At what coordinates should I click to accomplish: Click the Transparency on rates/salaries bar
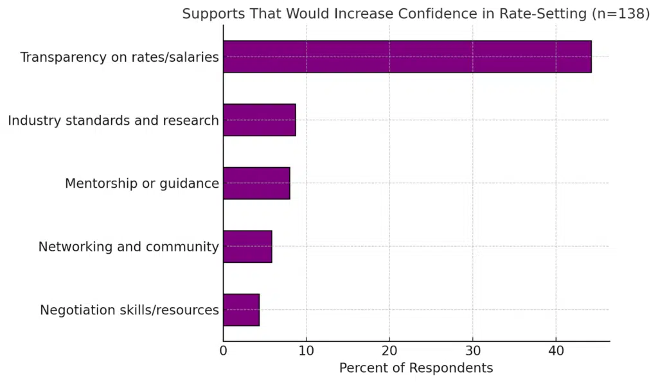[407, 57]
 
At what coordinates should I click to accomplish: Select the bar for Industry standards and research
[260, 120]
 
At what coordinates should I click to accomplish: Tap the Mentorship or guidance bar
[256, 183]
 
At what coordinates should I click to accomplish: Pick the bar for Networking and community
[247, 246]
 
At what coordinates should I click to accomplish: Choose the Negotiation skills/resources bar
[241, 310]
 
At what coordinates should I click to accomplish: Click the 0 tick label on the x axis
[224, 352]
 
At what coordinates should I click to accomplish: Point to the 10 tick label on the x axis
[307, 352]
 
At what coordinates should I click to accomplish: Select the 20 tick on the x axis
[389, 352]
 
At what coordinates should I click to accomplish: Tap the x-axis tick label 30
[473, 352]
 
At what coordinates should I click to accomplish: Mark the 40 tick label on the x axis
[556, 352]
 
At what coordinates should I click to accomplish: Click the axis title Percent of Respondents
[416, 368]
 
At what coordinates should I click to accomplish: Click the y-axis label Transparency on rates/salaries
[120, 57]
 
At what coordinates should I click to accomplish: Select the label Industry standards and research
[113, 120]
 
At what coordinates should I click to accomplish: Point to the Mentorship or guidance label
[142, 184]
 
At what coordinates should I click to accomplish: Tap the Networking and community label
[129, 247]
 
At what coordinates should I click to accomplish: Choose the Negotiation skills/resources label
[129, 310]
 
